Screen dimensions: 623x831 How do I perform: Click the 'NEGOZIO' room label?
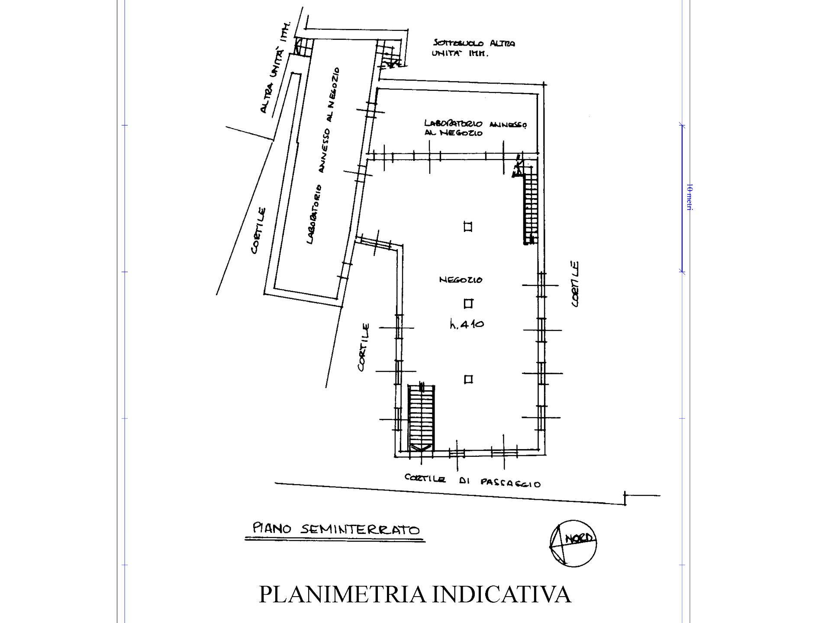pyautogui.click(x=461, y=280)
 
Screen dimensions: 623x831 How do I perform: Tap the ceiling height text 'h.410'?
pyautogui.click(x=467, y=324)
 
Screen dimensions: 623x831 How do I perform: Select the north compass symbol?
pyautogui.click(x=573, y=543)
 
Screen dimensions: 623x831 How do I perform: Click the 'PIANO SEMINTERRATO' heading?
pyautogui.click(x=336, y=529)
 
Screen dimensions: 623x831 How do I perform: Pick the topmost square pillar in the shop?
pyautogui.click(x=467, y=227)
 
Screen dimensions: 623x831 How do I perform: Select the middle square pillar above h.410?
pyautogui.click(x=468, y=303)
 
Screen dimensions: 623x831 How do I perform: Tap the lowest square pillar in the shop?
pyautogui.click(x=468, y=379)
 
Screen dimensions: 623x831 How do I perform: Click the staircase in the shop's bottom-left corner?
pyautogui.click(x=421, y=417)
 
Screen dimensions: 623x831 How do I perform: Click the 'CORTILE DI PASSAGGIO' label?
pyautogui.click(x=472, y=481)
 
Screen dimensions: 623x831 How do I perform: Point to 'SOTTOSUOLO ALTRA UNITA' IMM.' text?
pyautogui.click(x=473, y=48)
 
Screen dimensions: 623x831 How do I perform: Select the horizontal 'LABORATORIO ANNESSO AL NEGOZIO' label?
pyautogui.click(x=475, y=128)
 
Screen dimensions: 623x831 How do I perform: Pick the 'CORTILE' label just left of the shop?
pyautogui.click(x=364, y=347)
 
